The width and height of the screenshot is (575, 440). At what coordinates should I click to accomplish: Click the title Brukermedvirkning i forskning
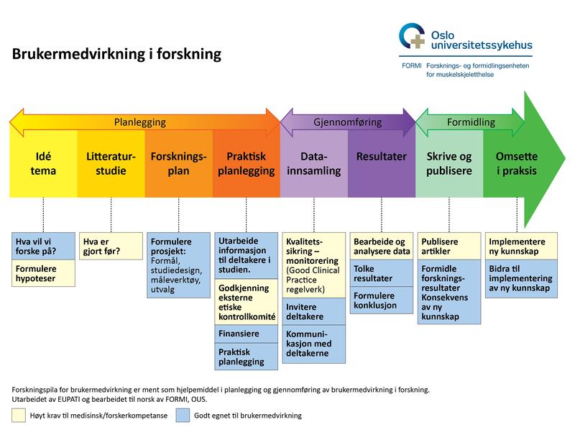116,55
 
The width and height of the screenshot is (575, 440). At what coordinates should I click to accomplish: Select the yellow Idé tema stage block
43,163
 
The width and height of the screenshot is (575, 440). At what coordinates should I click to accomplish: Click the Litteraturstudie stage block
111,163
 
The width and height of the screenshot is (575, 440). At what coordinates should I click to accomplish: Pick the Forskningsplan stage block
179,163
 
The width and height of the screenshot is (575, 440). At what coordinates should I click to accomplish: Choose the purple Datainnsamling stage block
314,163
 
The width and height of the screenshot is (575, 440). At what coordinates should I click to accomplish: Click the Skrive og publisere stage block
449,163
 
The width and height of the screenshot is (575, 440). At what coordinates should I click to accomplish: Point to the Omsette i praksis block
516,163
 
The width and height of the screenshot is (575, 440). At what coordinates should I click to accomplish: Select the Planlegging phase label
140,122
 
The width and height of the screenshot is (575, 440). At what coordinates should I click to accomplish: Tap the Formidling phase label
471,122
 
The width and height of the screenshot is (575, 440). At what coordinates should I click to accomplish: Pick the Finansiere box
247,334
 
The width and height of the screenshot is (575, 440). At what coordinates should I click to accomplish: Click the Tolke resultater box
382,274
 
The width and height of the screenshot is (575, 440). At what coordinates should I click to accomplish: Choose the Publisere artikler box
449,247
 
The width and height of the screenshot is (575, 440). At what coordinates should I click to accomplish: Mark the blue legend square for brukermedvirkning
183,415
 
